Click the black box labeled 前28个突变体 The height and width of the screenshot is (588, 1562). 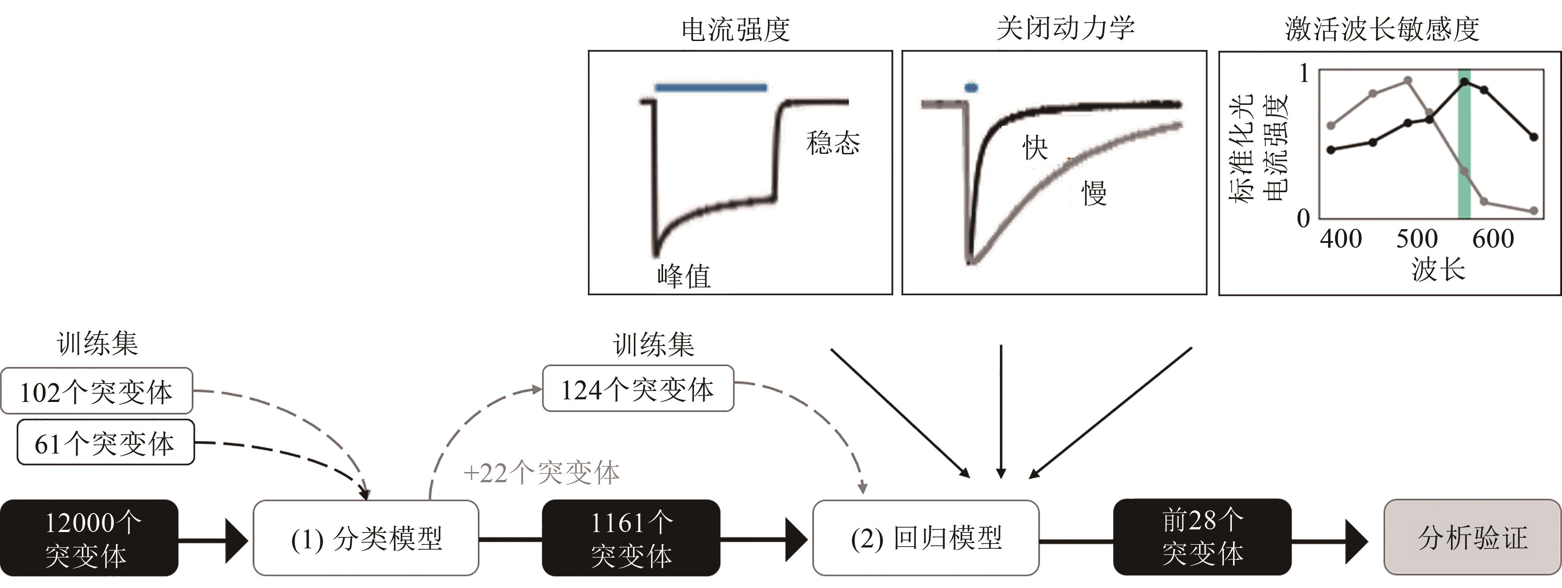(x=1202, y=537)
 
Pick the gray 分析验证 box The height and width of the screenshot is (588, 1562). (x=1472, y=537)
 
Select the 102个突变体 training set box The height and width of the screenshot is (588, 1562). (x=97, y=391)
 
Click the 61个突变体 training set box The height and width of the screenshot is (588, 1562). (x=105, y=443)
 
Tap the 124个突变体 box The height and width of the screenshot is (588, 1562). (x=637, y=389)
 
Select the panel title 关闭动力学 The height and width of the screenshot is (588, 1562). (x=1066, y=28)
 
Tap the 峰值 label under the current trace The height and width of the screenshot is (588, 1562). (x=683, y=276)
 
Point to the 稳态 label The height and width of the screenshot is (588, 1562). (x=832, y=143)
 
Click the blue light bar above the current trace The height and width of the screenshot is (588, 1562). (x=711, y=88)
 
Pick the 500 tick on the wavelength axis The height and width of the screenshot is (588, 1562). (x=1417, y=239)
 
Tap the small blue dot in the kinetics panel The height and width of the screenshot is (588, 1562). (x=971, y=88)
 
